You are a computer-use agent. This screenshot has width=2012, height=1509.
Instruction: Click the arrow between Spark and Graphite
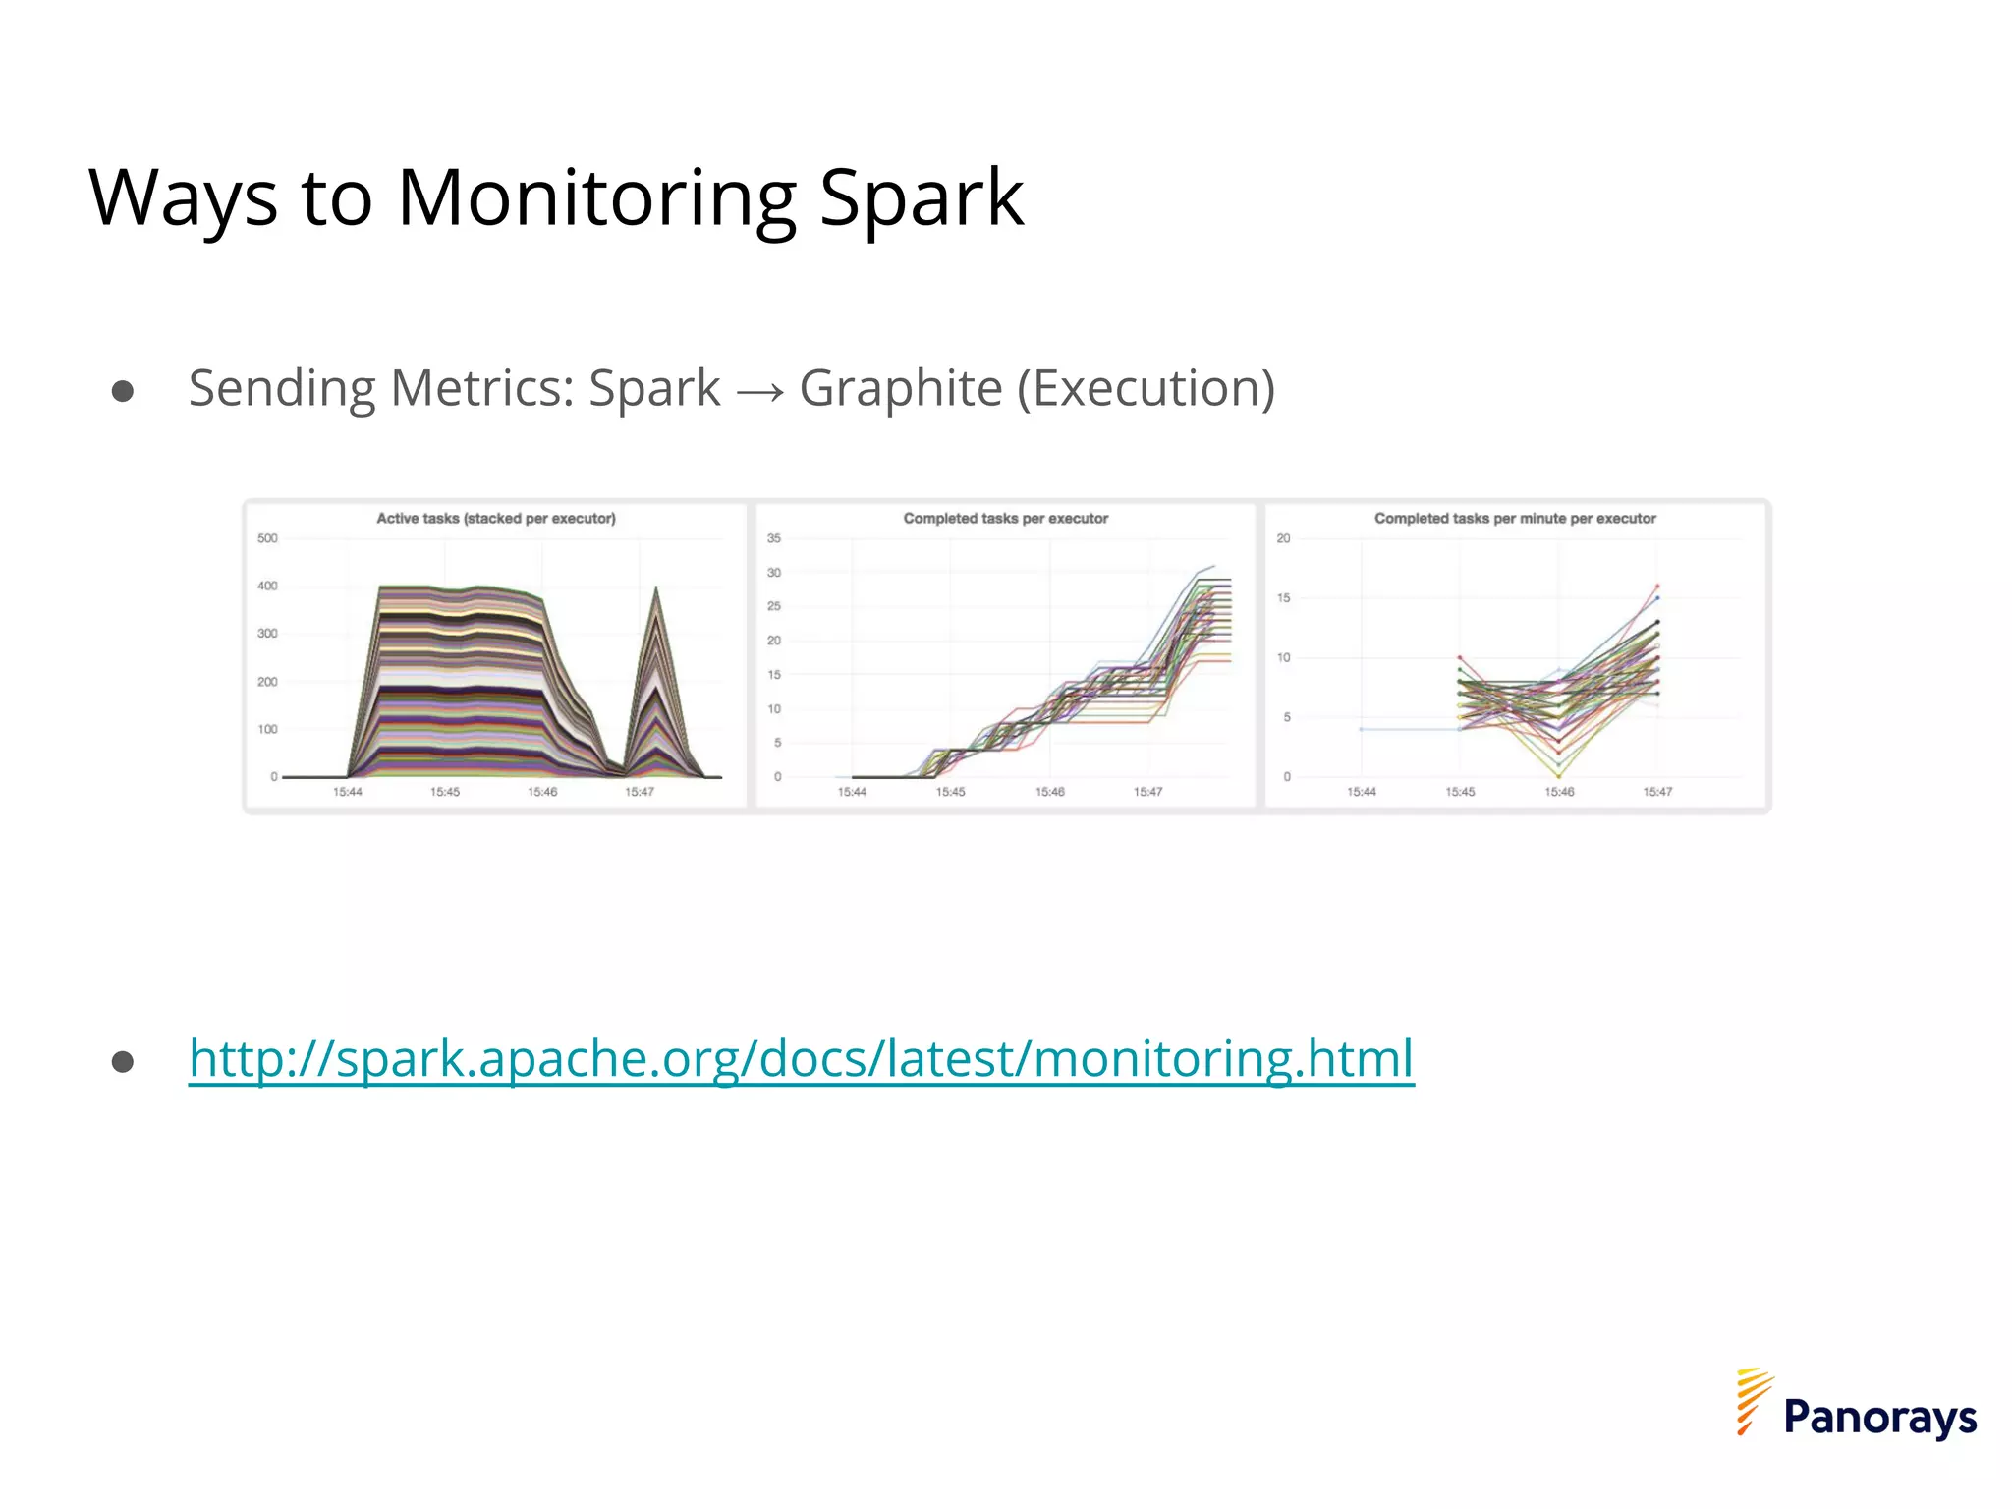[759, 392]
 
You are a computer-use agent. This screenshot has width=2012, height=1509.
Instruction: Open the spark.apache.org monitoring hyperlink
[801, 1059]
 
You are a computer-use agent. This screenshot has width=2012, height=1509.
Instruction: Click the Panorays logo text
[1879, 1417]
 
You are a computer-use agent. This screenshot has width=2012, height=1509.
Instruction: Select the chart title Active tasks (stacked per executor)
[496, 518]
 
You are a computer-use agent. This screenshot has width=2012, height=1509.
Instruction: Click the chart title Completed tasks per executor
[1005, 518]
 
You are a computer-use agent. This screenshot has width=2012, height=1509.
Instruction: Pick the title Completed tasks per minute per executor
[1515, 518]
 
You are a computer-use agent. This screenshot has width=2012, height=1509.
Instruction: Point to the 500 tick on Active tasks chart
[267, 538]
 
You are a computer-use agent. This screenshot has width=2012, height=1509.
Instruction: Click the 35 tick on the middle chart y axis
[774, 538]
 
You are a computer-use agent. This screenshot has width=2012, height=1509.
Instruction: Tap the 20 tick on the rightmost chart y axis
[1283, 538]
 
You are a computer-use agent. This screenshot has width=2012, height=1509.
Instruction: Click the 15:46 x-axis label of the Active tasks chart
[542, 792]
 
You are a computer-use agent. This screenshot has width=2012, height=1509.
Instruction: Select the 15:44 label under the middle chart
[852, 792]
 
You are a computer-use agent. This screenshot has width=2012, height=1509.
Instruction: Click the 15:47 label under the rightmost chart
[1657, 792]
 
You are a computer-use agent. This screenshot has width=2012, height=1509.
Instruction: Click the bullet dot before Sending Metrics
[123, 392]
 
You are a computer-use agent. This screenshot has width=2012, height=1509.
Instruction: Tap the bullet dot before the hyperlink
[123, 1062]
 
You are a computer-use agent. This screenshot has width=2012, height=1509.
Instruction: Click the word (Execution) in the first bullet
[1146, 388]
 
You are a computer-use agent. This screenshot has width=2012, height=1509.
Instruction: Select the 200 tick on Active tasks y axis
[267, 682]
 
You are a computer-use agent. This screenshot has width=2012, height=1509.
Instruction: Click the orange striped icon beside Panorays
[1754, 1401]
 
